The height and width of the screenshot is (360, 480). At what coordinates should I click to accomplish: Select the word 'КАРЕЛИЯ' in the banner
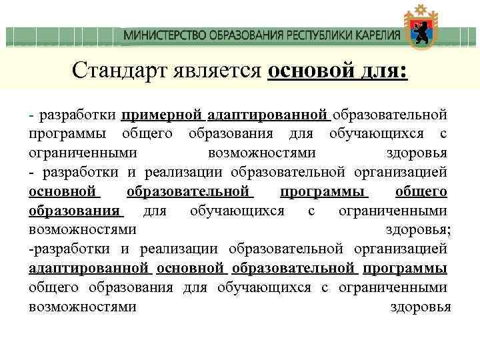(376, 35)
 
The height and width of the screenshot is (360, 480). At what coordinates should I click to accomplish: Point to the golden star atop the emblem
(420, 9)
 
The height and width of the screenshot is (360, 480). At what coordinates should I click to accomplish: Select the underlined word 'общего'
(421, 192)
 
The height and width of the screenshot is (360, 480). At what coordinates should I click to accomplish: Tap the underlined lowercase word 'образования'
(75, 211)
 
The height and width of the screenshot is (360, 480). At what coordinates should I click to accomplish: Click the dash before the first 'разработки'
(32, 115)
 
